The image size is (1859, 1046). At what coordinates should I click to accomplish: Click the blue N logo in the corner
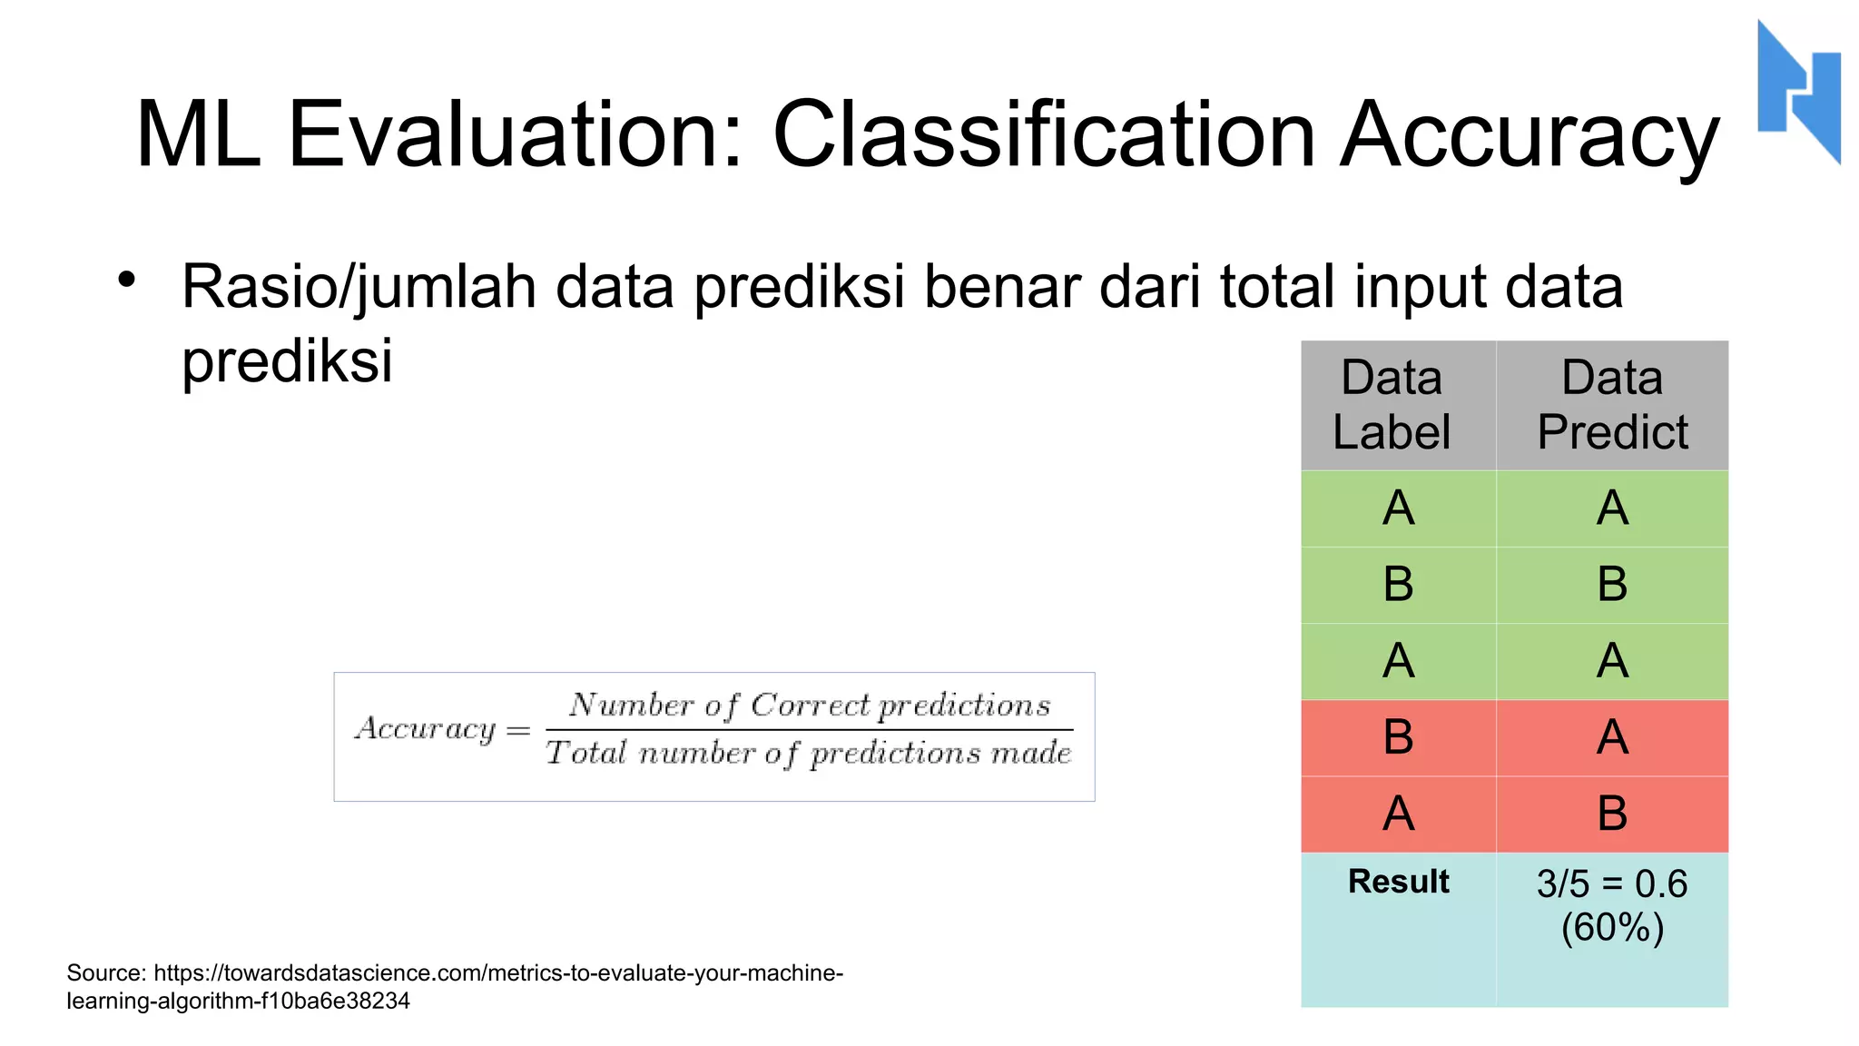pos(1798,91)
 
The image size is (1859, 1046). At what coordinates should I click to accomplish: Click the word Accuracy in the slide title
pos(1529,136)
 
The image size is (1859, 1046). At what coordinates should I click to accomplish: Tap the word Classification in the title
pos(1044,136)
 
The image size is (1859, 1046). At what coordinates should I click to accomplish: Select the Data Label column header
pos(1392,405)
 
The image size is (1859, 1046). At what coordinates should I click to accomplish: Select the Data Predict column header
pos(1612,405)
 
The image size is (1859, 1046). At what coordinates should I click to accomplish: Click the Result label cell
pos(1398,882)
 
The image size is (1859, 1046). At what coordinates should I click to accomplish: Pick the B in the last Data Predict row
pos(1612,814)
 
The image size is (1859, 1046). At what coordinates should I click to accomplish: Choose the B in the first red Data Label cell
pos(1398,737)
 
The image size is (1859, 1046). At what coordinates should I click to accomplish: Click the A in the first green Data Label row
pos(1398,508)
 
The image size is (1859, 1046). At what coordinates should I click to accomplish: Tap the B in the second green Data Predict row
pos(1612,585)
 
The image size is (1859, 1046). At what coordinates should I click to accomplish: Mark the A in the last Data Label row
pos(1398,814)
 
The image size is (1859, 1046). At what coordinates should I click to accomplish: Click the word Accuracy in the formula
pos(426,729)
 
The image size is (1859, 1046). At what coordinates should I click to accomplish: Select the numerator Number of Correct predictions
pos(810,706)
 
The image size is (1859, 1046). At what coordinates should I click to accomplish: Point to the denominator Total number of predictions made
pos(809,754)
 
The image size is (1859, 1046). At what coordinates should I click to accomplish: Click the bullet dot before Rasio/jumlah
pos(126,280)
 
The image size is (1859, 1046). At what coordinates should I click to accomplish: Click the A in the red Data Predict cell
pos(1612,737)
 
